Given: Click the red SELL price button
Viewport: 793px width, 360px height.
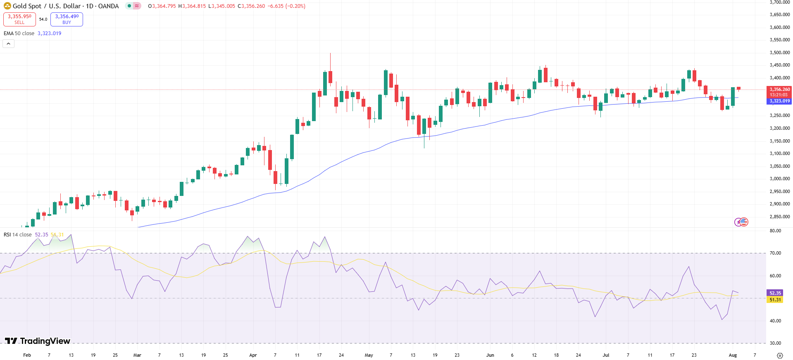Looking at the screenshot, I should click(19, 19).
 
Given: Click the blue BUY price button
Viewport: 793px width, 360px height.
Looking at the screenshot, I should click(67, 19).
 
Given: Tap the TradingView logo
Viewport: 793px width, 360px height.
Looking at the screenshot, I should click(38, 341).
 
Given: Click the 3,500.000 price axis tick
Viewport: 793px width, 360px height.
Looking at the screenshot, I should click(779, 52).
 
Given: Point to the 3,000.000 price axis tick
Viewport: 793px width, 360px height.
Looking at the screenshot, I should click(779, 179).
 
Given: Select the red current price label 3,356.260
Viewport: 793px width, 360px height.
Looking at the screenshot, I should click(779, 89).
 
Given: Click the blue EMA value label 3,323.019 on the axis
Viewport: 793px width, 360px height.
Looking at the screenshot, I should click(779, 101).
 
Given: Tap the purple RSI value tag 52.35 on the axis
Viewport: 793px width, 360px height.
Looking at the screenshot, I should click(775, 293).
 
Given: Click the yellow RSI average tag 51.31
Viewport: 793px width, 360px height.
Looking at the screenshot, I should click(775, 300).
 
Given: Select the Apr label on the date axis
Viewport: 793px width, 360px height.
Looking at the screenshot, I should click(253, 355).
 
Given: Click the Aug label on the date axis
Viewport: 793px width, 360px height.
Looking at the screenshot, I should click(733, 355).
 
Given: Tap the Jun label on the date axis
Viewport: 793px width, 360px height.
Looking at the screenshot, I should click(490, 355).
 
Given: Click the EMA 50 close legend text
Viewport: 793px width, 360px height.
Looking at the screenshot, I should click(19, 33).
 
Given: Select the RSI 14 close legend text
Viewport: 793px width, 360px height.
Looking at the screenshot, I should click(18, 235).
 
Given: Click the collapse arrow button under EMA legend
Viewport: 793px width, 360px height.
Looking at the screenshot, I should click(8, 43).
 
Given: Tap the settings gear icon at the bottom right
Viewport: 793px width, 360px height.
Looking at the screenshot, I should click(780, 355).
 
